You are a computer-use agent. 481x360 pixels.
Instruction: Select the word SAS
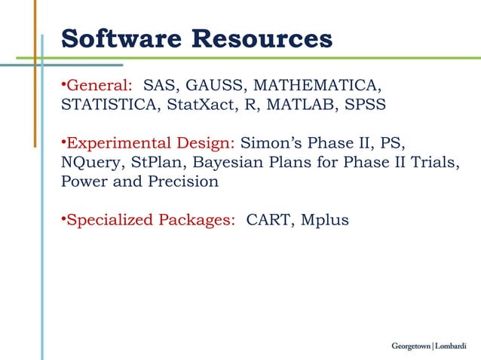(x=159, y=84)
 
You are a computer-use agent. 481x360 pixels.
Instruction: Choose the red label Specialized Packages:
(x=151, y=221)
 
